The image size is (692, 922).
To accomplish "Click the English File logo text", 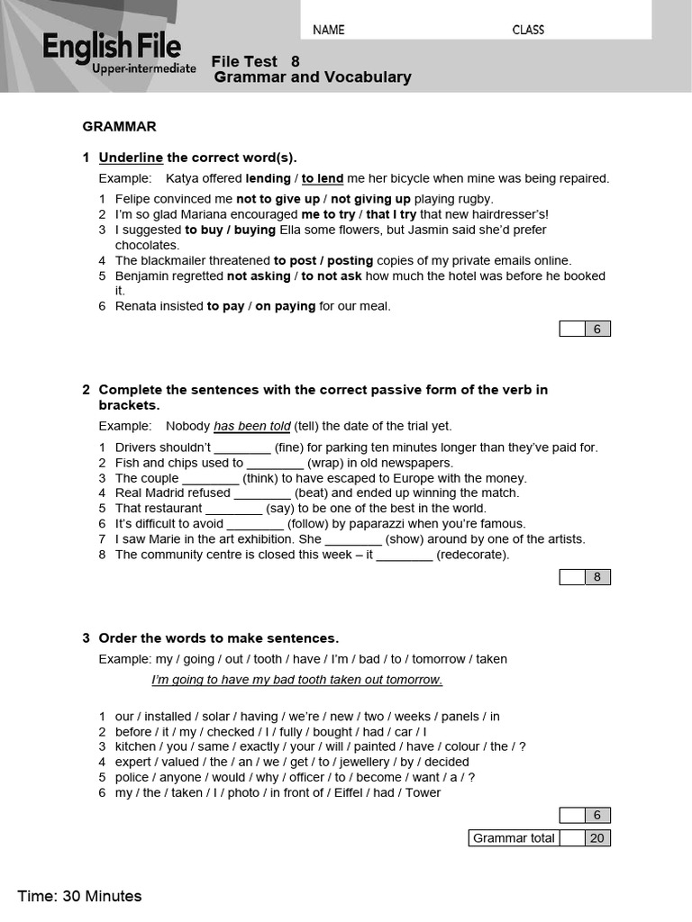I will coord(112,46).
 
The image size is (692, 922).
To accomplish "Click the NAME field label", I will coord(329,30).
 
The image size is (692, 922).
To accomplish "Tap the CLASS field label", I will coord(528,30).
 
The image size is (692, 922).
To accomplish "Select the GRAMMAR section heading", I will coord(120,127).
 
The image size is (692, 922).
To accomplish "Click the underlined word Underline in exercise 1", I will coord(131,158).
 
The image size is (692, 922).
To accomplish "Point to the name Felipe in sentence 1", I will coord(134,199).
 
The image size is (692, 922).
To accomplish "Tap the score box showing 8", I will coord(596,577).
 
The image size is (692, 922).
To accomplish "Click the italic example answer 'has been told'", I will coord(251,426).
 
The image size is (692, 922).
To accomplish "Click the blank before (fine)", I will coord(242,447).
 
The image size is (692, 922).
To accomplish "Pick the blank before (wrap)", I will coord(275,463).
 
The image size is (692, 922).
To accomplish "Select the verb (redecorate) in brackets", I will coord(472,555).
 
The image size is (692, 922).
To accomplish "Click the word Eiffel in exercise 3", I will coord(381,792).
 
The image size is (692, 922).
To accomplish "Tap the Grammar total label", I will coord(514,838).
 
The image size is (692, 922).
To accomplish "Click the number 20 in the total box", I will coord(596,838).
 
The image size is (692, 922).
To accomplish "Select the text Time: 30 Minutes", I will coord(79,896).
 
